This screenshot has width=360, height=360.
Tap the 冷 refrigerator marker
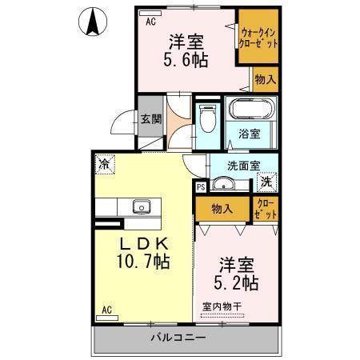[x=105, y=163]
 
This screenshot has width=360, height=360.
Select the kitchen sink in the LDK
[x=142, y=206]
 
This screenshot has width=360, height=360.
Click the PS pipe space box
[x=201, y=186]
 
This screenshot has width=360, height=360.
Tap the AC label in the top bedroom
[x=149, y=22]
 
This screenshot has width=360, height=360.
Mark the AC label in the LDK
[x=106, y=308]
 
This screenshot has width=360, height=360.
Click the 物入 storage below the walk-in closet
[x=265, y=79]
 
